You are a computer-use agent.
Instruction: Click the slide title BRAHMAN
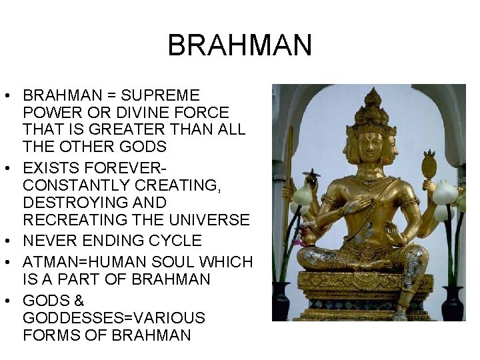(x=239, y=45)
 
